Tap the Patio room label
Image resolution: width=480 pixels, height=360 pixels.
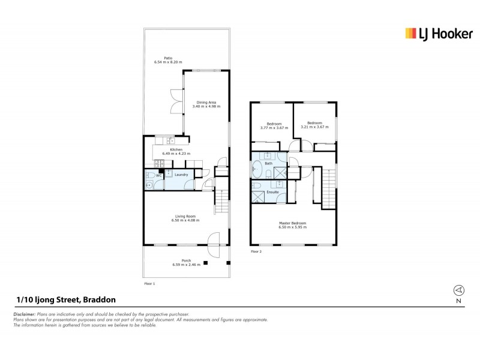tap(167, 58)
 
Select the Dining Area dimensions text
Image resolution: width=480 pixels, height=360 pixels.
tap(206, 106)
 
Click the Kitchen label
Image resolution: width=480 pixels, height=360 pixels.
tap(176, 149)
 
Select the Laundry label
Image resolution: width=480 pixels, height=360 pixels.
tap(181, 175)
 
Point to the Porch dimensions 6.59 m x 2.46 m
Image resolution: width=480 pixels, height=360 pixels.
tap(185, 265)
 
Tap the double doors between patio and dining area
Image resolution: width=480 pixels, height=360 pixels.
tap(175, 101)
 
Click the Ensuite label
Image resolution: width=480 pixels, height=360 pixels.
tap(272, 192)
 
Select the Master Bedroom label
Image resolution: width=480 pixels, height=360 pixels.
tap(292, 224)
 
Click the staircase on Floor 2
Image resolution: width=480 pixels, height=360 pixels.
tap(329, 187)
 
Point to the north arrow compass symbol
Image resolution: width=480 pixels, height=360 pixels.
tap(458, 290)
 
